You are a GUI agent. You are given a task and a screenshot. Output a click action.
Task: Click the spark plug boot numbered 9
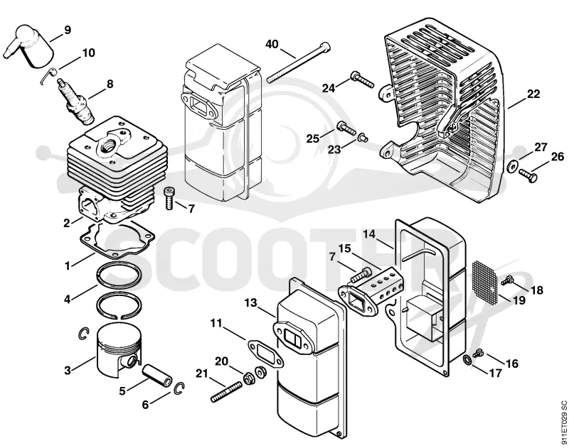click(x=30, y=45)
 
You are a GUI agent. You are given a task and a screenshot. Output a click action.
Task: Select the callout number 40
click(x=272, y=44)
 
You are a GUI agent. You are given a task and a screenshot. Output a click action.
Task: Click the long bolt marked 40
click(x=299, y=62)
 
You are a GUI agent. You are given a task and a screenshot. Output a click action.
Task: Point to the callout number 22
click(x=533, y=94)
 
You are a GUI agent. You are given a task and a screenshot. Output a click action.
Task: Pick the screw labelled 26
click(x=528, y=175)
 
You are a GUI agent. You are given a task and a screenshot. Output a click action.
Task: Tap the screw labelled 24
click(x=361, y=80)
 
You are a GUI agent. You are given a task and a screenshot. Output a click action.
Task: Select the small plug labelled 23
click(x=363, y=137)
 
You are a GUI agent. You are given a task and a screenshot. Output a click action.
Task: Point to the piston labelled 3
click(x=119, y=349)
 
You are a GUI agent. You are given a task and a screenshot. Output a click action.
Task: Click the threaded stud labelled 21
click(x=226, y=391)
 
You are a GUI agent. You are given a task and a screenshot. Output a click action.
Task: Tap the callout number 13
click(x=251, y=302)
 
